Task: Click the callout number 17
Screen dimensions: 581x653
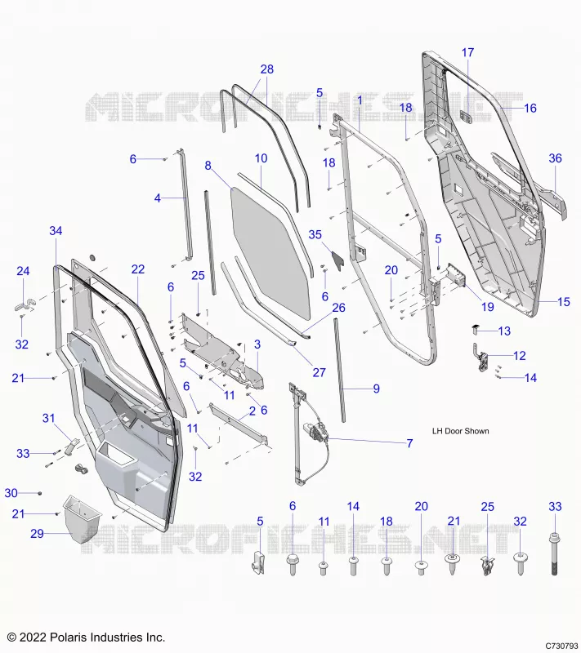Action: click(x=467, y=52)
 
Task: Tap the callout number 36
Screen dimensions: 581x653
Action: click(x=555, y=158)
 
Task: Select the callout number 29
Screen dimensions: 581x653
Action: click(x=37, y=534)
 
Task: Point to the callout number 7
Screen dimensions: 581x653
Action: click(x=409, y=443)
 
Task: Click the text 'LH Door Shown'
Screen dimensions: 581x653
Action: click(x=461, y=431)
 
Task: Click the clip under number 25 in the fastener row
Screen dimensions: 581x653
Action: click(x=487, y=565)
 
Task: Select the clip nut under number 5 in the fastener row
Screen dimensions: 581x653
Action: click(x=257, y=563)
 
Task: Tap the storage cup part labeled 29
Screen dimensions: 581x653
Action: click(x=82, y=518)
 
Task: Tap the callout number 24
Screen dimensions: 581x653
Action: click(x=23, y=271)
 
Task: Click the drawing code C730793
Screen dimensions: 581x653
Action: click(x=562, y=646)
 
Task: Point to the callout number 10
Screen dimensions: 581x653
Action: click(x=261, y=158)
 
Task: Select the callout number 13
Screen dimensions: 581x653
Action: click(x=504, y=331)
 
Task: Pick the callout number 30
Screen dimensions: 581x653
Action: click(x=11, y=493)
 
